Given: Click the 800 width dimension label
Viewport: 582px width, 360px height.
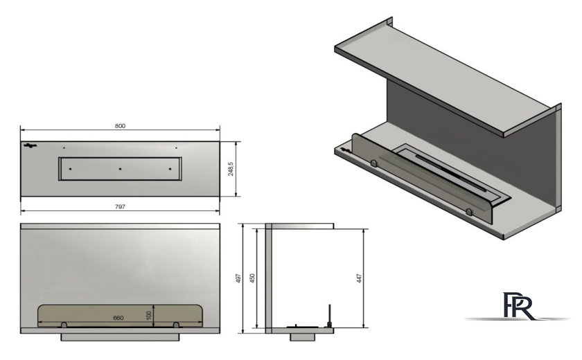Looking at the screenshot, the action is pos(120,126).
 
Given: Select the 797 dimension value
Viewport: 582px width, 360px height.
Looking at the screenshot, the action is pos(120,207).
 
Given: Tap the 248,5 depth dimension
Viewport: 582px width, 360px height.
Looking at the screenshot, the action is pos(231,169).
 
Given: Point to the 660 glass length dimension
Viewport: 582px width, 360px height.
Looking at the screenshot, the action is pos(118,318).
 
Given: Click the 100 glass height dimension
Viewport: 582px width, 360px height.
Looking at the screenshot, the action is pos(149,316).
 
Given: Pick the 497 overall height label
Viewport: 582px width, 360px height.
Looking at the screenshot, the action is pos(238,278).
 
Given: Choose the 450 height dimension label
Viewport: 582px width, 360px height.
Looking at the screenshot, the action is pos(252,278).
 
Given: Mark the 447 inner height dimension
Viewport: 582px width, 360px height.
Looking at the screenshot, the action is pos(359,278).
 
